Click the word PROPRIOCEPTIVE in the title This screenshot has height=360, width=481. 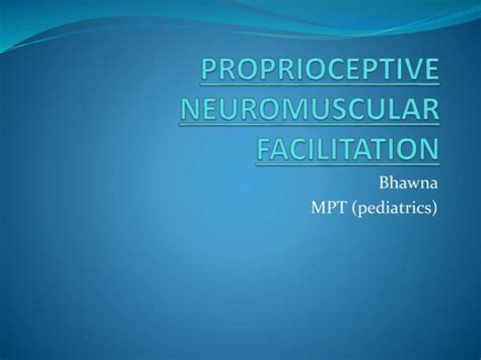320,69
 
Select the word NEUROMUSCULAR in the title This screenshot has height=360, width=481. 309,109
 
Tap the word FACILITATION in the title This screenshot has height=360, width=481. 347,149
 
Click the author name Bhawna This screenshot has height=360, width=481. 408,184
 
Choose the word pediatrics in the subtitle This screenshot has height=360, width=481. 394,208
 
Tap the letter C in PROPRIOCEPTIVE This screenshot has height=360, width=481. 324,69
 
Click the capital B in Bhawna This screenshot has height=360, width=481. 385,184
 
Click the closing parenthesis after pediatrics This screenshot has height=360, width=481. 434,208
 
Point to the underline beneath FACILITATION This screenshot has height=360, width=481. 347,165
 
